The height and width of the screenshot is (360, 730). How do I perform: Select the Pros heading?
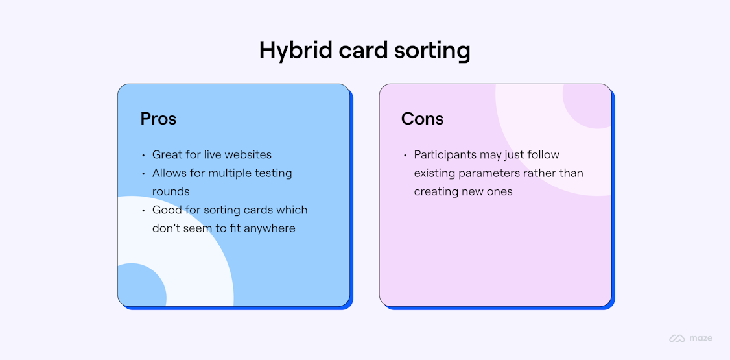click(x=158, y=119)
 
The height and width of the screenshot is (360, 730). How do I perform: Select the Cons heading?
click(x=422, y=119)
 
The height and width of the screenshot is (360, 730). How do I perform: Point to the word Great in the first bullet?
click(x=167, y=155)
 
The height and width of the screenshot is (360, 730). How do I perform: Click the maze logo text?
click(x=701, y=338)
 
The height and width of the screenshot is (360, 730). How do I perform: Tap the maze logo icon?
click(x=677, y=338)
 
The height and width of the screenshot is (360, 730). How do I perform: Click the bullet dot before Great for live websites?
click(x=143, y=156)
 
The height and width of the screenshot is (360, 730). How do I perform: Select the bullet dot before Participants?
click(x=405, y=156)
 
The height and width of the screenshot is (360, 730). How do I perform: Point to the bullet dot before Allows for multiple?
click(x=143, y=174)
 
